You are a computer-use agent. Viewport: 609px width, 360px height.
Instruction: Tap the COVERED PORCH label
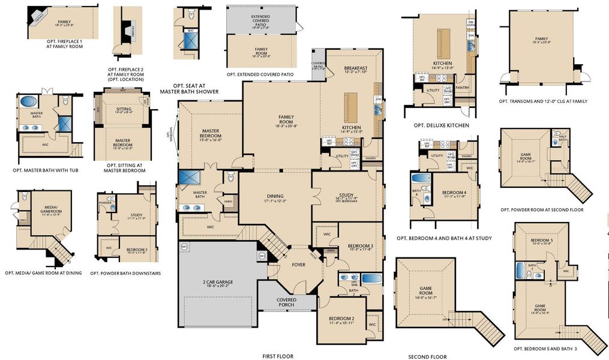[x=286, y=302]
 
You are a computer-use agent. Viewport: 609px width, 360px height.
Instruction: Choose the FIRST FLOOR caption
[x=277, y=356]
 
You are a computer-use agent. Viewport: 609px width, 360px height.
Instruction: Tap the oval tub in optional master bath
[x=28, y=101]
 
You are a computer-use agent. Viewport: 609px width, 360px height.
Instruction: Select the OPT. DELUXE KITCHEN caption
[x=441, y=125]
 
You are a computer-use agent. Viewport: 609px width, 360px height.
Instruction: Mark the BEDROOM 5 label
[x=541, y=242]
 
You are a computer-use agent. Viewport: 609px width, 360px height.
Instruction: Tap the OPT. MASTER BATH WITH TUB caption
[x=46, y=170]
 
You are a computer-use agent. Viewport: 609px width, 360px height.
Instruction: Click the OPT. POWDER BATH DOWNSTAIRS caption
[x=125, y=273]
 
